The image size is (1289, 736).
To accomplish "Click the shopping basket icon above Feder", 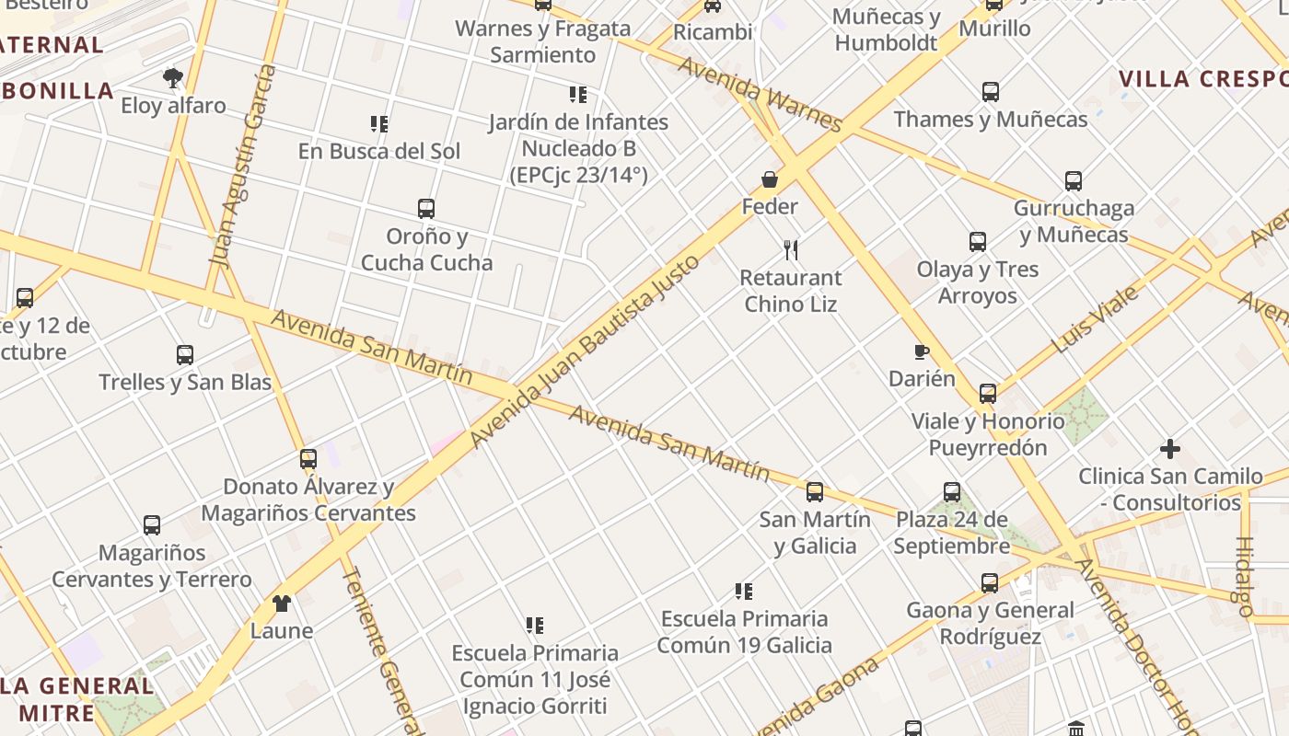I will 770,179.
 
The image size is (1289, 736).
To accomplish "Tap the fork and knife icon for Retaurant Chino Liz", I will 791,249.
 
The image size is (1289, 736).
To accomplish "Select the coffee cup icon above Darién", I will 921,351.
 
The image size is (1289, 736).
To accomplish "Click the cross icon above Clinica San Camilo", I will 1170,449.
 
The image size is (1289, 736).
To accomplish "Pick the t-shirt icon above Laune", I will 282,604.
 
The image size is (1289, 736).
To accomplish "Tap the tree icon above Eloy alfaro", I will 172,77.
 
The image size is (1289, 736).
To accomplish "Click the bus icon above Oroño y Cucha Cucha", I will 426,209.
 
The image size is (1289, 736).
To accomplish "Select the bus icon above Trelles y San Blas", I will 185,354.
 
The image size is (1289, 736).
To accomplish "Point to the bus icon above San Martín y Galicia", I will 815,492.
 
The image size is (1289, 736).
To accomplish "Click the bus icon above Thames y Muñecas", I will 991,92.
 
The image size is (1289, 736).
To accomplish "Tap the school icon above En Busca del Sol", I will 378,123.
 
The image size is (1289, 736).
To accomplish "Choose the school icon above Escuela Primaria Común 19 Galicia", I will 744,591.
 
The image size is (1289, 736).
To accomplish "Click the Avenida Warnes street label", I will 760,94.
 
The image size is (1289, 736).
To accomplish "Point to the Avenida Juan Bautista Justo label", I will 585,352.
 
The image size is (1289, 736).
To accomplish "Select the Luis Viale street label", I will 1095,319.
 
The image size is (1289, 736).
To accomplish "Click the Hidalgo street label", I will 1244,576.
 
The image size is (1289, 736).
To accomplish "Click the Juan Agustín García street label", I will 244,166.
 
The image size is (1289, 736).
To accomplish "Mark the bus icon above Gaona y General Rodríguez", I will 990,582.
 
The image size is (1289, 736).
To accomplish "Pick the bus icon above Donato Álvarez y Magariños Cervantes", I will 308,458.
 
